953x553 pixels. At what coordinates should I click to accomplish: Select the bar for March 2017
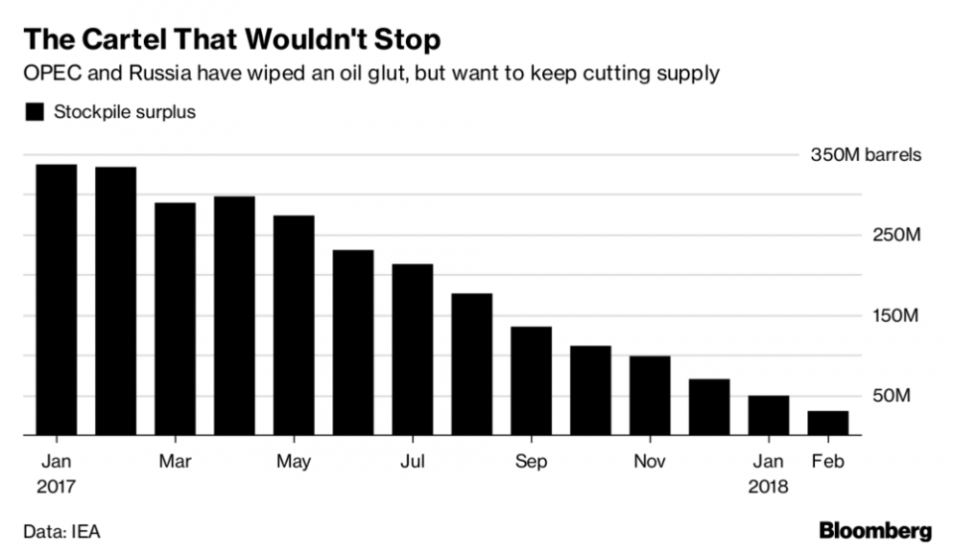pyautogui.click(x=176, y=319)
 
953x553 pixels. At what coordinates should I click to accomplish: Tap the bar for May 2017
pyautogui.click(x=294, y=326)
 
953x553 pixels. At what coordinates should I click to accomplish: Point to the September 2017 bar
pyautogui.click(x=531, y=381)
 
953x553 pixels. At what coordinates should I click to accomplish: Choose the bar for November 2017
pyautogui.click(x=650, y=395)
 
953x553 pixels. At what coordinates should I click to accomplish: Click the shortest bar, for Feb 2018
pyautogui.click(x=828, y=423)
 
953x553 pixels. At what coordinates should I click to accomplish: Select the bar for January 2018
pyautogui.click(x=768, y=415)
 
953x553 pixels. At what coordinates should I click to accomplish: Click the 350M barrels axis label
pyautogui.click(x=866, y=156)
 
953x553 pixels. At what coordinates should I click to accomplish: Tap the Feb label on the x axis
pyautogui.click(x=828, y=462)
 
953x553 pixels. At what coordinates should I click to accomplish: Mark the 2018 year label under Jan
pyautogui.click(x=768, y=487)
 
